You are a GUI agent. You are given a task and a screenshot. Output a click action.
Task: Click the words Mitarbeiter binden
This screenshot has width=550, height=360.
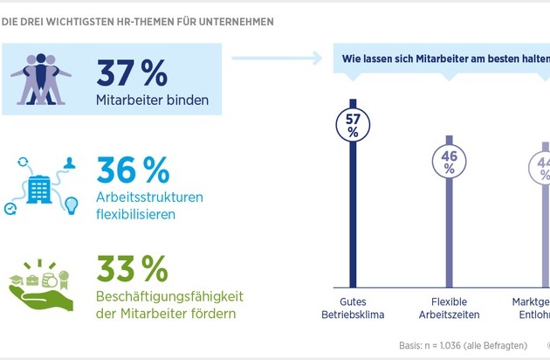(x=152, y=100)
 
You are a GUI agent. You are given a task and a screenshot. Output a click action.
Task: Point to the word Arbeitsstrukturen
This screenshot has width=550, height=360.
(x=149, y=197)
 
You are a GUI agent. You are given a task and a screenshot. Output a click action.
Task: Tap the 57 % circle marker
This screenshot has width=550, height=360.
(x=353, y=123)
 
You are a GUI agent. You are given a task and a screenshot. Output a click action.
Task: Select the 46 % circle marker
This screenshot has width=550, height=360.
(x=450, y=160)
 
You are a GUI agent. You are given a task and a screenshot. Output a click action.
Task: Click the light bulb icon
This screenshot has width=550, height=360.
(x=71, y=204)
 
